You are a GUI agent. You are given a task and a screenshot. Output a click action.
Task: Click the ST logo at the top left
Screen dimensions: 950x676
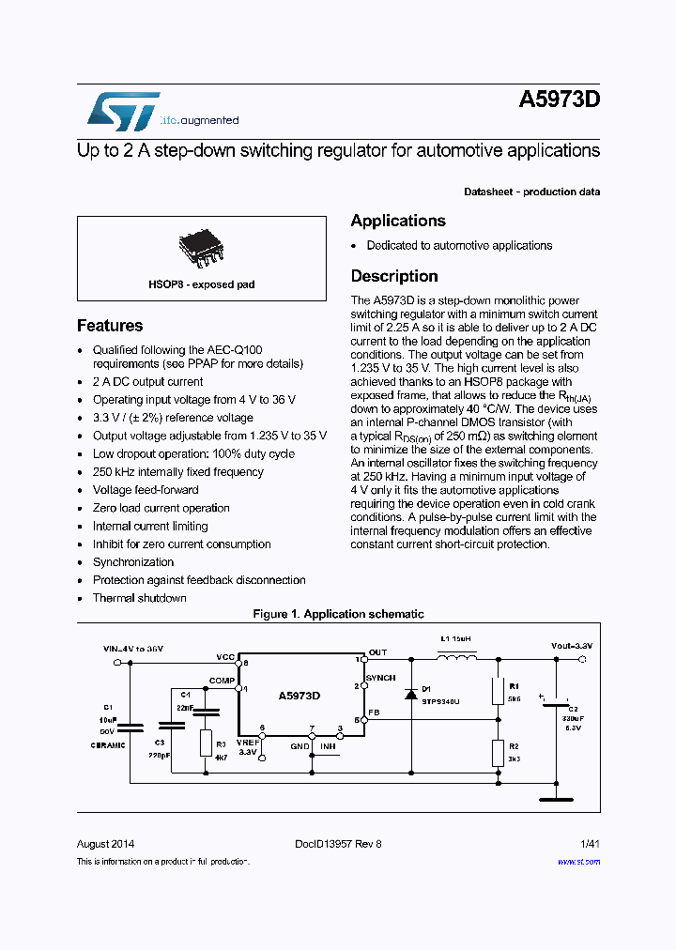pos(123,112)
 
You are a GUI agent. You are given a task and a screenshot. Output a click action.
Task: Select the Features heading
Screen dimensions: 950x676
pos(110,326)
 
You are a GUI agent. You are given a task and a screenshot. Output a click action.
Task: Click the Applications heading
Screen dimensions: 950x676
pos(398,221)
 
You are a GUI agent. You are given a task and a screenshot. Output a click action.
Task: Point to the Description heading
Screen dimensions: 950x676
pos(394,276)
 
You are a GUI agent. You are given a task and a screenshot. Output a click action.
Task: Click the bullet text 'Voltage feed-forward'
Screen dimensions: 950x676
pos(146,490)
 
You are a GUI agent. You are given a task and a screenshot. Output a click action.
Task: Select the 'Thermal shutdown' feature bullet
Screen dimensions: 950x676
pos(139,598)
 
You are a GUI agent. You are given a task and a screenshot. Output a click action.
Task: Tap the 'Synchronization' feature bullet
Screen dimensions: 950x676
pos(133,562)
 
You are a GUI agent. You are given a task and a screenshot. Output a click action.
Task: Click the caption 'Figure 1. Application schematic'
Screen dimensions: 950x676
pos(338,614)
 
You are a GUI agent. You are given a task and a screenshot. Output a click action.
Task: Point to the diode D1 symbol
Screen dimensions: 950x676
pos(410,695)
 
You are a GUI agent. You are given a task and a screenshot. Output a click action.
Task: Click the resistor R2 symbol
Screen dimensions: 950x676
pos(498,752)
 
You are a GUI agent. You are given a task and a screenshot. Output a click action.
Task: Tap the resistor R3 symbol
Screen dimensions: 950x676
pos(207,743)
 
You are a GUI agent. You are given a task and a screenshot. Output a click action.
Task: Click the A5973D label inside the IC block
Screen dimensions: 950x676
pos(300,696)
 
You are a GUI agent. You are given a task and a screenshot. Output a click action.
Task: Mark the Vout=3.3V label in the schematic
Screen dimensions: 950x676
pos(571,647)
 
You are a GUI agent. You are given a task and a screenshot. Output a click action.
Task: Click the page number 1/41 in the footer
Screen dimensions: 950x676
pos(590,844)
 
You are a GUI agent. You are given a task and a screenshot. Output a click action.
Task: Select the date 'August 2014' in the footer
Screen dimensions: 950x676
pos(105,844)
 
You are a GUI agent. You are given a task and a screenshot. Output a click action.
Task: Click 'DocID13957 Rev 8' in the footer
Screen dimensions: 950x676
pos(331,844)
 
